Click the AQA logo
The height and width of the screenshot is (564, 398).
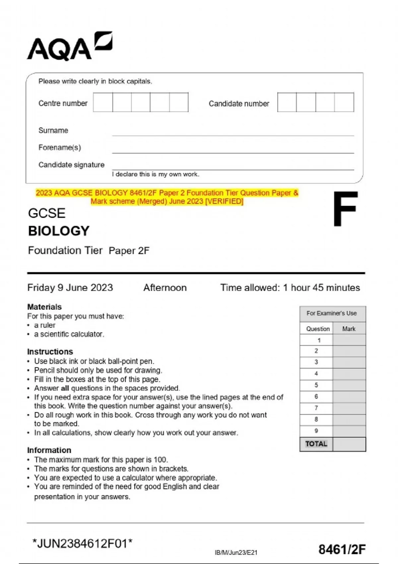tap(69, 46)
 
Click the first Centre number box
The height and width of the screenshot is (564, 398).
tap(103, 103)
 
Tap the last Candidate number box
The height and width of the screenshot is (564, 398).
tap(344, 103)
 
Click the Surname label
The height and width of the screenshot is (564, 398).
tap(53, 130)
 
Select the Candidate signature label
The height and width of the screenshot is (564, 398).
tap(71, 165)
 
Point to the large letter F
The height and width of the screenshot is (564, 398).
tap(345, 209)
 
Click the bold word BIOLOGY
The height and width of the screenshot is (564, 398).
tap(59, 231)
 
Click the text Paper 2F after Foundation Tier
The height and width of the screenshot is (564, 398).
tap(129, 250)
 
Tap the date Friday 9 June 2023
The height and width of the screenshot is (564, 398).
tap(70, 288)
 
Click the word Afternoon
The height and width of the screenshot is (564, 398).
tap(165, 288)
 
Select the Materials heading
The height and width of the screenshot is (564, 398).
tap(44, 307)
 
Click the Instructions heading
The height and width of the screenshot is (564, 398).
tap(50, 352)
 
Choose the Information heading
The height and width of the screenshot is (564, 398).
tap(49, 450)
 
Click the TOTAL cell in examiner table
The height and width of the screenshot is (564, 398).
tap(316, 444)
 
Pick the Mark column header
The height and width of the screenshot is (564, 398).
tap(349, 329)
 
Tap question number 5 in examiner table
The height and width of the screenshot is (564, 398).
tap(316, 385)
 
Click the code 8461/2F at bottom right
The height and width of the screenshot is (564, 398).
tap(342, 550)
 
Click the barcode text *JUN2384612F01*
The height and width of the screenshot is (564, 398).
tap(82, 544)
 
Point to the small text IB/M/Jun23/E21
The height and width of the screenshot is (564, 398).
tap(236, 552)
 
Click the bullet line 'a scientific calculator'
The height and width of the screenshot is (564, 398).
tap(69, 334)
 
